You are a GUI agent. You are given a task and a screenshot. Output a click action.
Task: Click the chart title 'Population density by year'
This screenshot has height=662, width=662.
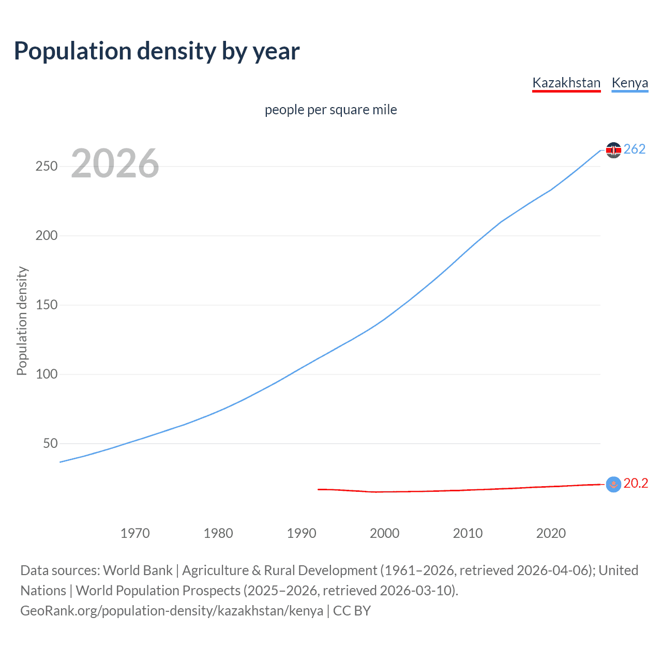157,51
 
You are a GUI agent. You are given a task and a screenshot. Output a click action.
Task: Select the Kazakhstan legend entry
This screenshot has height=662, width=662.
566,83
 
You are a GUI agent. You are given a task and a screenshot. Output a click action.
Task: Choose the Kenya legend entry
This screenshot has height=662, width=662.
629,83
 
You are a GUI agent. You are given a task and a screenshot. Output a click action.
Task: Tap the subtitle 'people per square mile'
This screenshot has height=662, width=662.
331,110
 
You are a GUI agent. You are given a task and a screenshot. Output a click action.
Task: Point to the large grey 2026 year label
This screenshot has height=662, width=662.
115,163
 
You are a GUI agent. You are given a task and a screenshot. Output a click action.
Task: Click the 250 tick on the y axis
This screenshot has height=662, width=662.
47,167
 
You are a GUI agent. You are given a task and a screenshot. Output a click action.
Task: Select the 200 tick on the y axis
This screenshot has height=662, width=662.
47,236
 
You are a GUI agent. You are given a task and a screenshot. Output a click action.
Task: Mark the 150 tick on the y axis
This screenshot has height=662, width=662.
47,305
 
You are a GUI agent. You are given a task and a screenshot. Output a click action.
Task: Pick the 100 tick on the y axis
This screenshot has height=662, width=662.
47,374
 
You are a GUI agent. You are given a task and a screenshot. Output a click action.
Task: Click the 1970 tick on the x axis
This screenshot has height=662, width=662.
135,533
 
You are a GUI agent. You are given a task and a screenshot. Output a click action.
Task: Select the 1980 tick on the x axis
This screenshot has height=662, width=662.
218,533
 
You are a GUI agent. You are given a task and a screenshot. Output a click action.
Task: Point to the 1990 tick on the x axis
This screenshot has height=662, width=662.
302,533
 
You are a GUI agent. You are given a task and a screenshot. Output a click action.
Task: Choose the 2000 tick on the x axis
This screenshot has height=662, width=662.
385,533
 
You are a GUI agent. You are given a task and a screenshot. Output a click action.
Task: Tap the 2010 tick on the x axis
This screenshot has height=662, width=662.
468,533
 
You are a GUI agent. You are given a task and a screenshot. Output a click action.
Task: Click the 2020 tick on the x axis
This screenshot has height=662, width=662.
551,533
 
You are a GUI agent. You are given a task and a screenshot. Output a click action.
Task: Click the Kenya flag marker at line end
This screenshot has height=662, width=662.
613,150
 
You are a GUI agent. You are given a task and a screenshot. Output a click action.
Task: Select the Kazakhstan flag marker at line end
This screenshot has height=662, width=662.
613,484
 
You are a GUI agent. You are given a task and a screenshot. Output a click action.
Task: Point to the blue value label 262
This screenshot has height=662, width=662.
635,149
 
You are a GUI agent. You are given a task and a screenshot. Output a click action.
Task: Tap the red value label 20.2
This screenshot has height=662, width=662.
636,484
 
